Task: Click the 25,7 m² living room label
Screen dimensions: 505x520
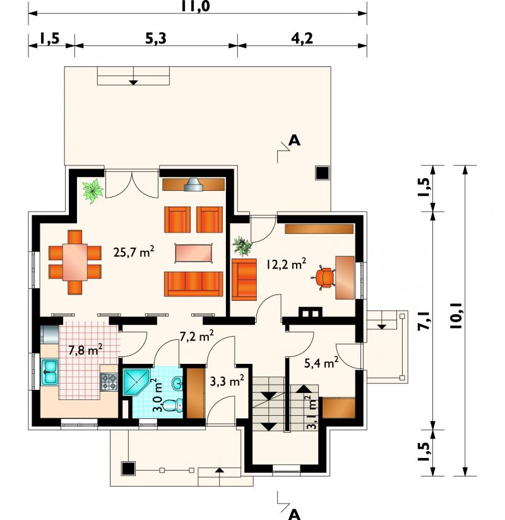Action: pos(134,251)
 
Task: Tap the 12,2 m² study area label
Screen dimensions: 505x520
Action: pos(287,263)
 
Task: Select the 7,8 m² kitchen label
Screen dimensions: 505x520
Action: pos(85,349)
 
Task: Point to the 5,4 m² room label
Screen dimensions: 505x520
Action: pos(321,363)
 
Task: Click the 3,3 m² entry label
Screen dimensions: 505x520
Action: pos(227,381)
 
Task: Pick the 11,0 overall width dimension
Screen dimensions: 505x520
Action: pos(196,6)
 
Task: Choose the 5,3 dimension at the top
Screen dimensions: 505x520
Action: pos(156,39)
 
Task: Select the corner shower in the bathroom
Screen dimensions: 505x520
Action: pos(136,382)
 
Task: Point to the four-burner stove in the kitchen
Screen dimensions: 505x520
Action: pos(109,382)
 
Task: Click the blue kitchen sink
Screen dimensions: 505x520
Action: pos(50,372)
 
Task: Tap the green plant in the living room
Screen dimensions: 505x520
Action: pos(93,191)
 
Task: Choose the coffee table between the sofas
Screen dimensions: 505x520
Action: pos(194,253)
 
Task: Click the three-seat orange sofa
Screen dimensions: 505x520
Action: pos(194,284)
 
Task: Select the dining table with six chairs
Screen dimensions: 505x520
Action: pos(75,262)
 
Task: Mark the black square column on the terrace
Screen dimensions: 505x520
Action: pos(322,172)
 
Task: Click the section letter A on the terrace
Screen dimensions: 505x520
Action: pos(294,141)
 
